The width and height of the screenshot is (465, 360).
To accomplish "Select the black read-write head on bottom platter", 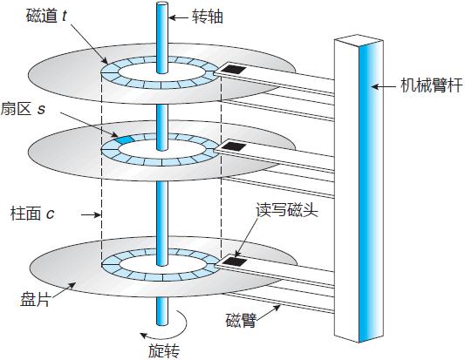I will click(231, 260).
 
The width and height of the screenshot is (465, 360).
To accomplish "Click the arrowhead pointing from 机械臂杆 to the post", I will click(373, 86).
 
